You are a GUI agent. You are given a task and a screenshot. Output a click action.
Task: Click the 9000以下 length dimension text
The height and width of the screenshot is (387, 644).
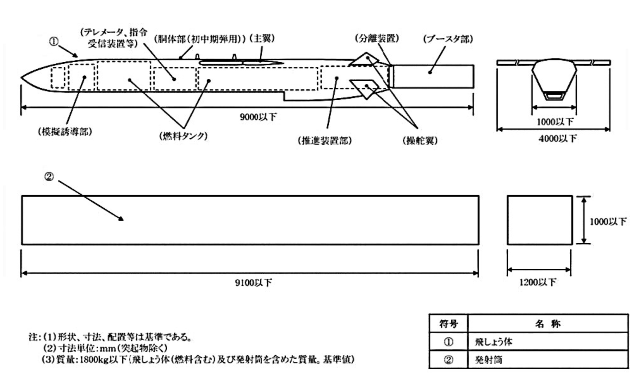point(258,117)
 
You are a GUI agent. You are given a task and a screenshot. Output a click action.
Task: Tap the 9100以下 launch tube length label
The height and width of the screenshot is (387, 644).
point(253,283)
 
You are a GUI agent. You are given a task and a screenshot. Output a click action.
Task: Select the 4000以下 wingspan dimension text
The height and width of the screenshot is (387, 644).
point(558,139)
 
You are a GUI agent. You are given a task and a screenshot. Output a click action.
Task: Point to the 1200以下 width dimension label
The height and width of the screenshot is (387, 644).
point(537,282)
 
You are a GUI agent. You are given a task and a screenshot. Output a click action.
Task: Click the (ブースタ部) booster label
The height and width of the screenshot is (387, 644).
point(448,39)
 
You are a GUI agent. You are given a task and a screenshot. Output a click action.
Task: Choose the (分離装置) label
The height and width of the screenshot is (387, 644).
point(377,39)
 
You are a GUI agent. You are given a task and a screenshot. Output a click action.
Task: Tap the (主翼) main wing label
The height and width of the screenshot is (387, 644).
point(262,39)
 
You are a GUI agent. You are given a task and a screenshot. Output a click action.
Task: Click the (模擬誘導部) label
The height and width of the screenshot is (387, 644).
point(65,132)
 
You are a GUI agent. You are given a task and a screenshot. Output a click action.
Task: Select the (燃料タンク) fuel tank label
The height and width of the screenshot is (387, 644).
point(183,136)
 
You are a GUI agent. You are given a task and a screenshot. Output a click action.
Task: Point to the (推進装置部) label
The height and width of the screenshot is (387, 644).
point(325,140)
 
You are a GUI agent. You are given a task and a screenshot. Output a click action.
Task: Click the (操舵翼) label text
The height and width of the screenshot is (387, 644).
point(420,140)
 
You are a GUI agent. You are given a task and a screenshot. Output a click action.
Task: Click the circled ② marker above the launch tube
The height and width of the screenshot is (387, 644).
point(49,177)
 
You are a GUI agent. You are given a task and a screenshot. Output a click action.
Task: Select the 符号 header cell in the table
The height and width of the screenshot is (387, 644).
point(448,324)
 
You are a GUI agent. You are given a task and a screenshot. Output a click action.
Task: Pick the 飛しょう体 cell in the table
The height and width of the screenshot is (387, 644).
point(493,342)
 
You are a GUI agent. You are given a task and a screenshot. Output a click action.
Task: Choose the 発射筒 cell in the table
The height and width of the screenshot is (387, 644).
point(488,360)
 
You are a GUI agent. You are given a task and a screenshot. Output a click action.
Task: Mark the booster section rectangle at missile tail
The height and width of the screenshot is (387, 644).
point(433,76)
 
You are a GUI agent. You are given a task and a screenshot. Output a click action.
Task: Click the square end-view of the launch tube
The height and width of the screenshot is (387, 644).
point(540,220)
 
